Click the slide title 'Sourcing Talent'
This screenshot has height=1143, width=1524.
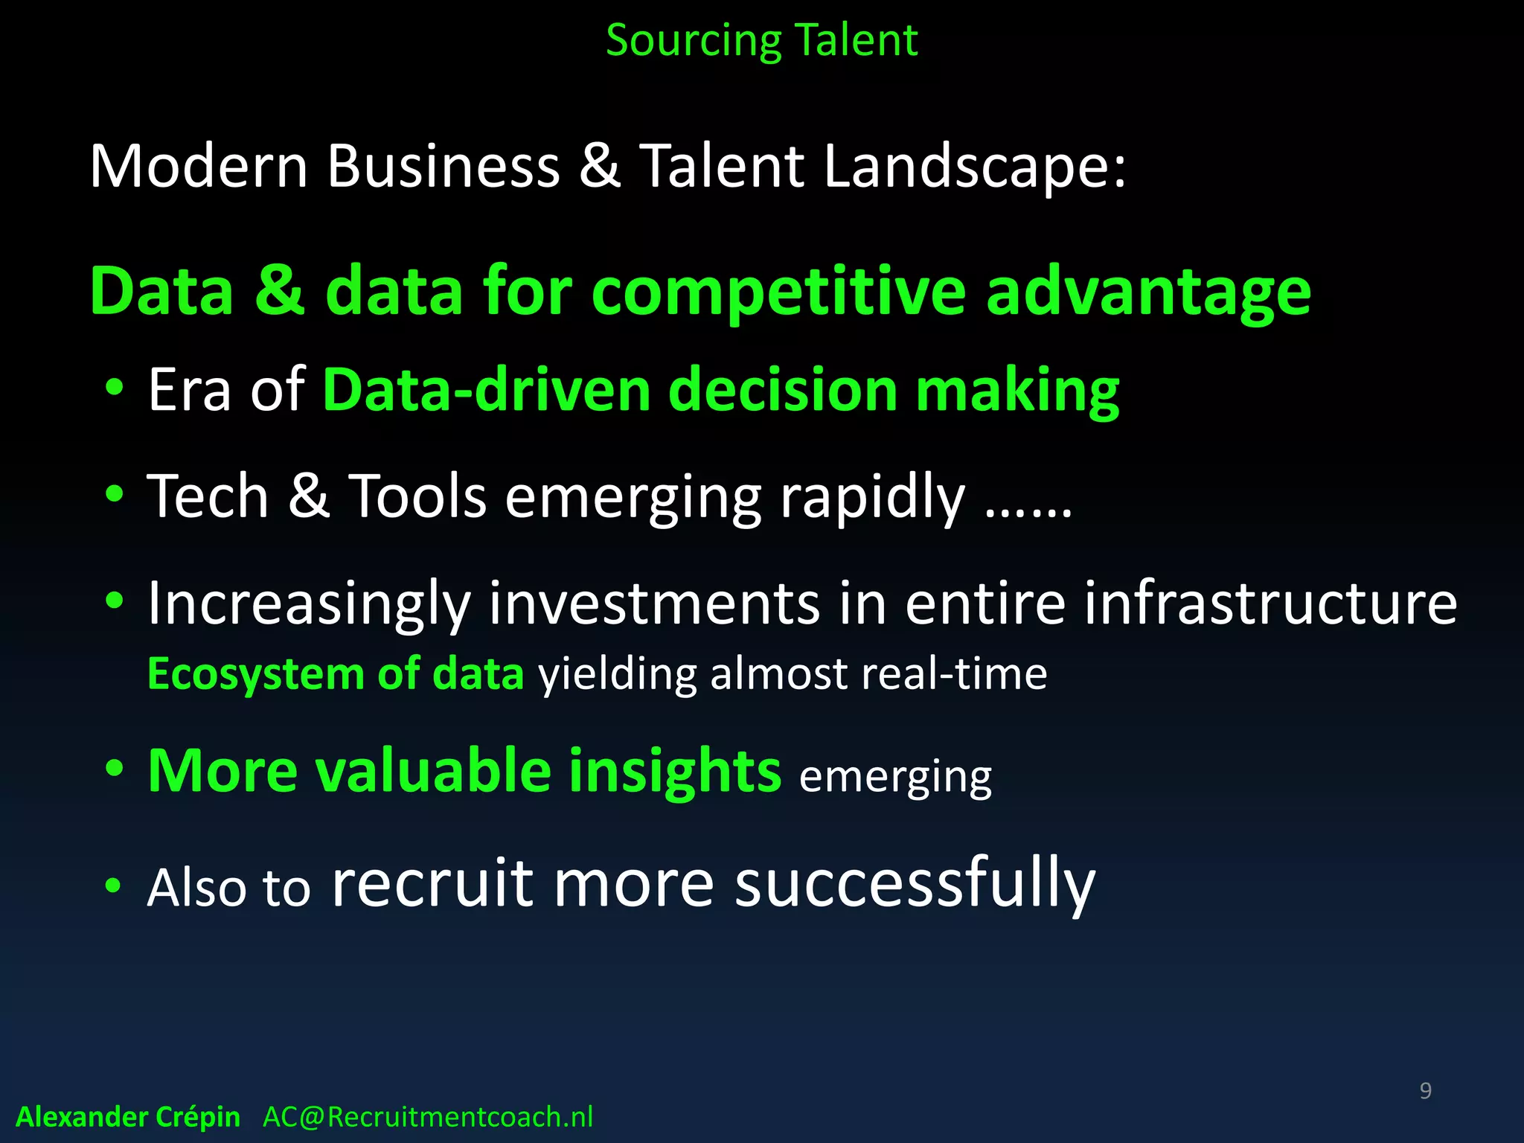pos(761,40)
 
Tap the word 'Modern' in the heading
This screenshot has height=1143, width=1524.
pos(199,165)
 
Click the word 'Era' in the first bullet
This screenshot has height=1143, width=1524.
pos(189,389)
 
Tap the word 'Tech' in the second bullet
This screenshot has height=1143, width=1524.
pos(208,496)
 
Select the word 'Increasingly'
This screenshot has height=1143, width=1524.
pos(309,603)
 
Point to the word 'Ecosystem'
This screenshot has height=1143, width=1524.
pos(255,674)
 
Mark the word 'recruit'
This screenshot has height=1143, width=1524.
pos(432,883)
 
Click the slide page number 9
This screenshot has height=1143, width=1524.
pos(1425,1090)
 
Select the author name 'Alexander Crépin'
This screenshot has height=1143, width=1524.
pos(128,1117)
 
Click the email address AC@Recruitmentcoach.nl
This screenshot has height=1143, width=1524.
pos(428,1117)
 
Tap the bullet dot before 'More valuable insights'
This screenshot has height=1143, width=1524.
pos(114,769)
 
